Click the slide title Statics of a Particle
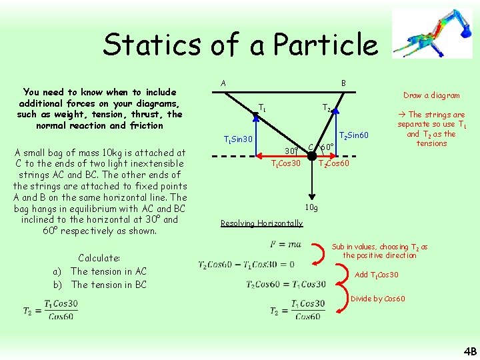[x=239, y=45]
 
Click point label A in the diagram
[x=223, y=83]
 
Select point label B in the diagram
[x=343, y=83]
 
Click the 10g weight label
[x=311, y=207]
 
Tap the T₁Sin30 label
[x=237, y=139]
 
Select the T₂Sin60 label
[x=355, y=137]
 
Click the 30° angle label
[x=291, y=150]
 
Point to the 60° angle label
[x=327, y=147]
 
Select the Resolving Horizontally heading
[x=261, y=223]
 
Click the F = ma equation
[x=285, y=244]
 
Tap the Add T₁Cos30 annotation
[x=377, y=275]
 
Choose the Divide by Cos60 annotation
[x=377, y=298]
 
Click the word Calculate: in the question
[x=99, y=258]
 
